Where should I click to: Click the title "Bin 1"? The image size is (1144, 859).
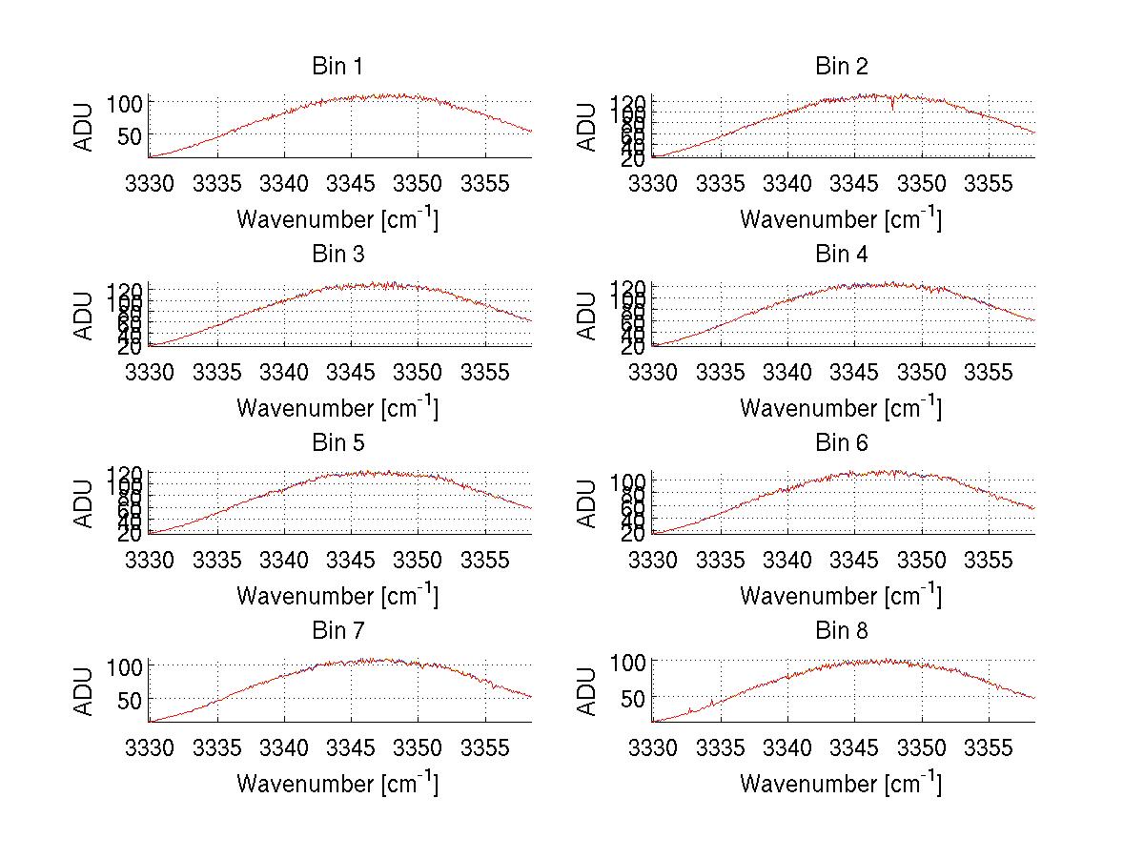(x=337, y=67)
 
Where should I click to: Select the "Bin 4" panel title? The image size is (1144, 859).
(x=842, y=255)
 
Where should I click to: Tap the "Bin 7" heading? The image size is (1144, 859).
(x=337, y=631)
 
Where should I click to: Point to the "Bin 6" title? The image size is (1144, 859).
(x=842, y=443)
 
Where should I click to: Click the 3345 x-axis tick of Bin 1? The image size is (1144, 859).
(x=352, y=183)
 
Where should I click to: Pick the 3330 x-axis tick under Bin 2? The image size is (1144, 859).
(x=653, y=183)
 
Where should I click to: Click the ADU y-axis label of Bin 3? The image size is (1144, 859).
(x=85, y=316)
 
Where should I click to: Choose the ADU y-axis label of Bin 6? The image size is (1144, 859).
(x=588, y=503)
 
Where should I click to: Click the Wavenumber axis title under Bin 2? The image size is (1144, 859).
(x=840, y=219)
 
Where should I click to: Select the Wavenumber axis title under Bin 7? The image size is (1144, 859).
(x=337, y=784)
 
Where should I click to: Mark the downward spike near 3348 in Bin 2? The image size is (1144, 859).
(x=892, y=106)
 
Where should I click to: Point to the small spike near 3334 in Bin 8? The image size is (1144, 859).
(x=711, y=704)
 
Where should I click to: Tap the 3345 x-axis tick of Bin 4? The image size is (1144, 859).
(x=855, y=371)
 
